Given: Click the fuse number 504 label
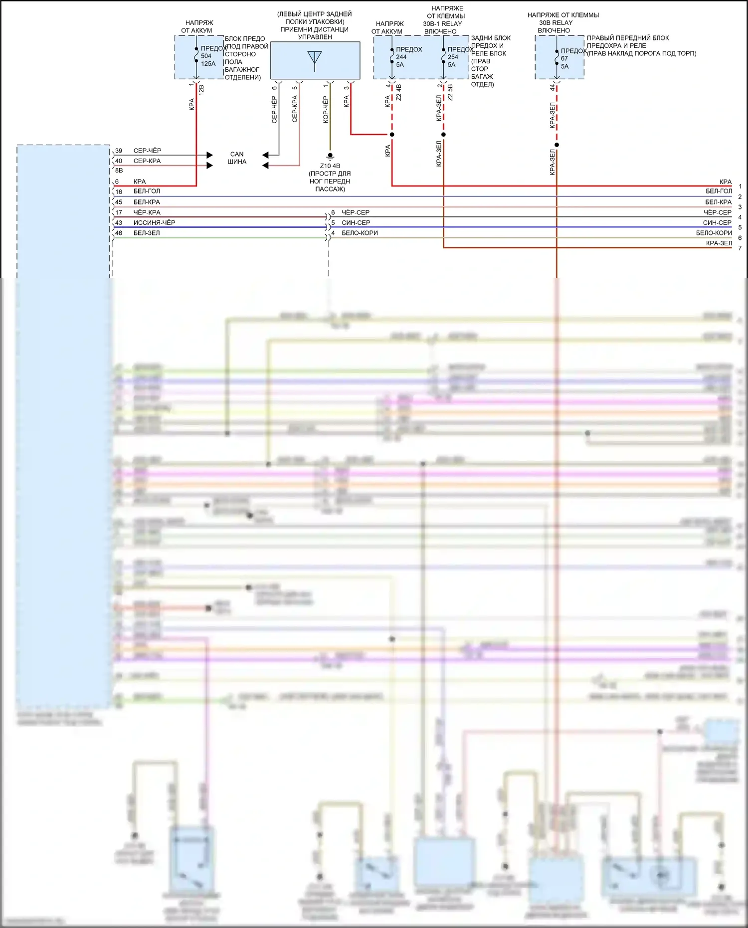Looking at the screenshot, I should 206,56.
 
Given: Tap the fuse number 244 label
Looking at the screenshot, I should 401,57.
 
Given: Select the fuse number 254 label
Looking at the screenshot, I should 452,57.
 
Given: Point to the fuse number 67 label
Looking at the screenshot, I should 564,58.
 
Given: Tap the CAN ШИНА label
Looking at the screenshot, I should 237,158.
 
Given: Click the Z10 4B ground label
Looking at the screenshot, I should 330,166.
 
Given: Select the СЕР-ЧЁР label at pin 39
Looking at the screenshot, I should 147,151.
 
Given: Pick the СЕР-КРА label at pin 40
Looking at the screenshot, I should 147,161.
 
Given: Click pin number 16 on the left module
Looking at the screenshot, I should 119,191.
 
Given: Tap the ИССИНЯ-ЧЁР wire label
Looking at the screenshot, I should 154,222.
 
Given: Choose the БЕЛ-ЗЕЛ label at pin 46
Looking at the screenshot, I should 147,233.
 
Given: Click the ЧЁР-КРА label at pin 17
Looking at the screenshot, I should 147,212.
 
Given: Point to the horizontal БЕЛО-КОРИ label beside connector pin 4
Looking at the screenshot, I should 360,233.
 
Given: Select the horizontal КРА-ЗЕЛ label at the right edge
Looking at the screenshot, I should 719,243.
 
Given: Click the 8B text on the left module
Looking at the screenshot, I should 119,171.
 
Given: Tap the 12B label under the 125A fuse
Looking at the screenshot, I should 201,90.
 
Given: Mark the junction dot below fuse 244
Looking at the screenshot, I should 392,135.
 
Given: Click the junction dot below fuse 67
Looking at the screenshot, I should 557,145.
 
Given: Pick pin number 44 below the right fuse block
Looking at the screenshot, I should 553,87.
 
